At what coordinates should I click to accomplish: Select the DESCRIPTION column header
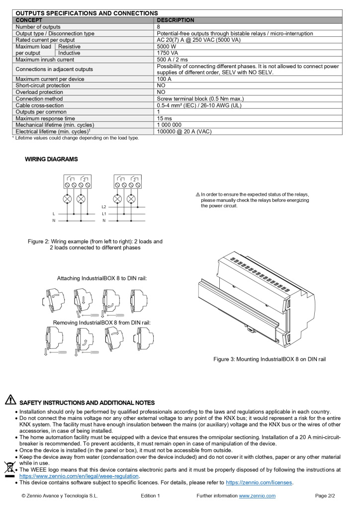[x=176, y=20]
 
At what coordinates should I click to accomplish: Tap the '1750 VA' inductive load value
[x=168, y=53]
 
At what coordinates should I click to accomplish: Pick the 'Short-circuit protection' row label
[x=43, y=85]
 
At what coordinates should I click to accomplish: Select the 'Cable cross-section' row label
[x=40, y=105]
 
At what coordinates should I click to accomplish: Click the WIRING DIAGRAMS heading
[x=51, y=159]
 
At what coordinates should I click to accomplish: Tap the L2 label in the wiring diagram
[x=104, y=207]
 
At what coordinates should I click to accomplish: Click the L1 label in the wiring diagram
[x=104, y=214]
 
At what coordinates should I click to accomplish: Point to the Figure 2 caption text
[x=95, y=245]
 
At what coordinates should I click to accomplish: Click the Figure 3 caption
[x=270, y=359]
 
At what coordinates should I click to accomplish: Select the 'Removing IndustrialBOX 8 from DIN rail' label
[x=101, y=323]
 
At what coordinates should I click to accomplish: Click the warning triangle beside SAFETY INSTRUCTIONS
[x=10, y=400]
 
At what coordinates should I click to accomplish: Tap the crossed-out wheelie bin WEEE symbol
[x=9, y=468]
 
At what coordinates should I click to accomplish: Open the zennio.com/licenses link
[x=259, y=482]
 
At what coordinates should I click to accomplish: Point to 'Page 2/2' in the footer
[x=325, y=496]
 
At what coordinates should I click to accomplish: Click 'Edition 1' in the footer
[x=150, y=496]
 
